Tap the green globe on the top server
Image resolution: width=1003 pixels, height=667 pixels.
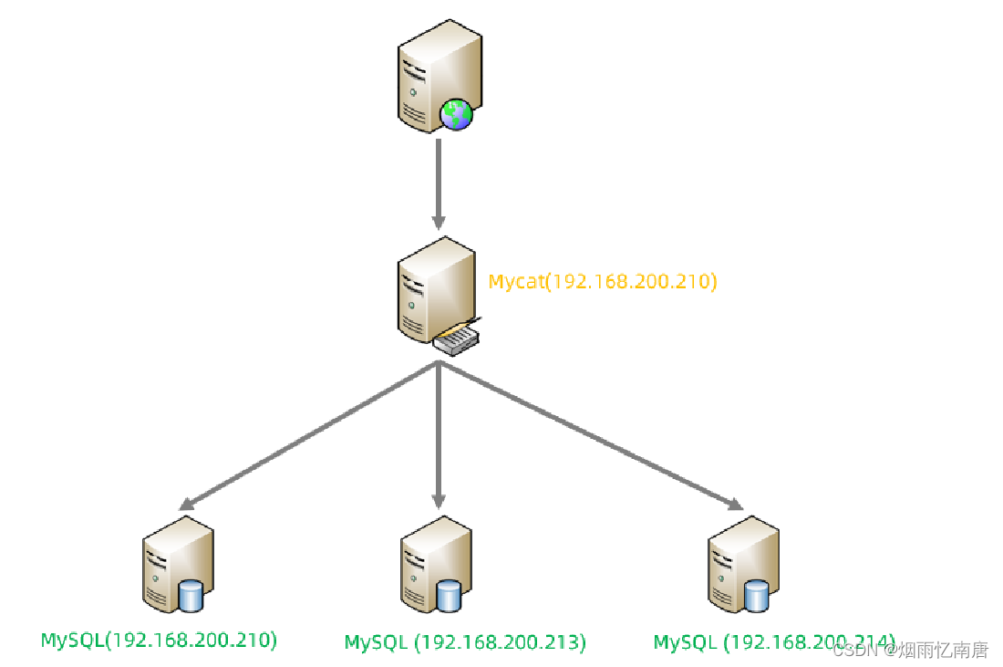(456, 114)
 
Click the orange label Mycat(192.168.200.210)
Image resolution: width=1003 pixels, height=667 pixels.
(603, 281)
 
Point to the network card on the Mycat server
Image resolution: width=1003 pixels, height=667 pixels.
(457, 339)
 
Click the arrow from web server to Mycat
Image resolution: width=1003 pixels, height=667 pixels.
(439, 182)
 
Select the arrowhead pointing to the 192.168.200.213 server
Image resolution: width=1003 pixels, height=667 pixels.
(439, 500)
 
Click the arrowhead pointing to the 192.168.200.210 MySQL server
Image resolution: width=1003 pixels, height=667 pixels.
(186, 503)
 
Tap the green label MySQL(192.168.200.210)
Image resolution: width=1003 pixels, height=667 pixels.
(159, 640)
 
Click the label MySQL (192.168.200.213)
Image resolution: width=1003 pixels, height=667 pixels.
(465, 642)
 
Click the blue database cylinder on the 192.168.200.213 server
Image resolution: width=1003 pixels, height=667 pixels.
(448, 596)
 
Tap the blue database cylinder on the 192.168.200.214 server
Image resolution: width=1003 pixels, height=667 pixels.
(756, 596)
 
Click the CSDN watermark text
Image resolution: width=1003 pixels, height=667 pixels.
(911, 650)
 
